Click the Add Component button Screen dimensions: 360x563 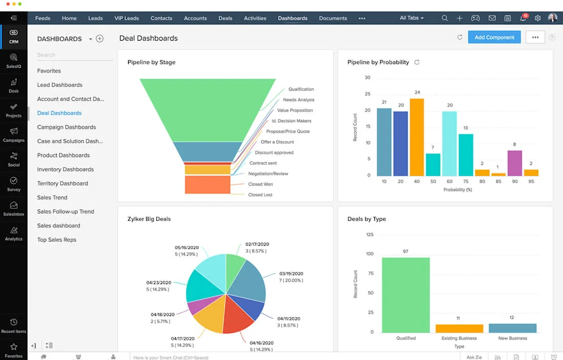(x=494, y=37)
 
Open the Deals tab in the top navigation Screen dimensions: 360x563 (x=225, y=18)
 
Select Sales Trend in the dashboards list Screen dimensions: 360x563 (x=52, y=197)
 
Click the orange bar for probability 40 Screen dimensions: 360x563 (x=417, y=137)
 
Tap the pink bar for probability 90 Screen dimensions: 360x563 (x=514, y=163)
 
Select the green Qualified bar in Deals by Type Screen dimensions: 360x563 (x=406, y=295)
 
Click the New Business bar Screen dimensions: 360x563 (x=512, y=328)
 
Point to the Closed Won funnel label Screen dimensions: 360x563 (x=260, y=184)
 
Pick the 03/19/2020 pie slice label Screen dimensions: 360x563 (x=291, y=274)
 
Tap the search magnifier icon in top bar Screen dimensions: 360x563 (x=444, y=18)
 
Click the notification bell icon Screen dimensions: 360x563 (x=522, y=19)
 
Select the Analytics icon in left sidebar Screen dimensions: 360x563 (x=14, y=233)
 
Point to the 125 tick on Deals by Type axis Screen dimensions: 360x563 (x=369, y=235)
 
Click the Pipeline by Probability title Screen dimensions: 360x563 (x=378, y=62)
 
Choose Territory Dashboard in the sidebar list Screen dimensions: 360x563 (x=63, y=184)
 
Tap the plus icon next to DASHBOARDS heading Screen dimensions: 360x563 (x=100, y=39)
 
